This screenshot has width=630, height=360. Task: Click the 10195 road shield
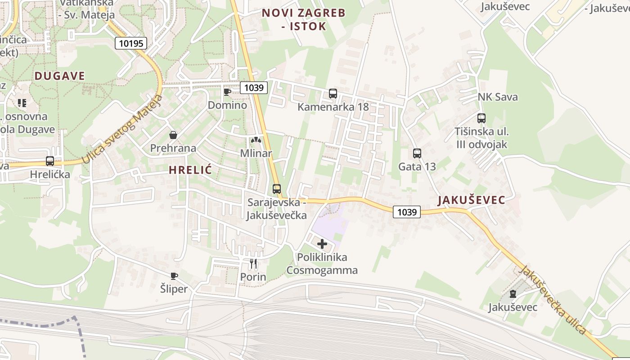131,43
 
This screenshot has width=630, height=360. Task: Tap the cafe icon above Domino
227,92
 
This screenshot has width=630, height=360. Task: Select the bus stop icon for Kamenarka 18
333,94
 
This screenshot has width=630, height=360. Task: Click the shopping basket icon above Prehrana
173,135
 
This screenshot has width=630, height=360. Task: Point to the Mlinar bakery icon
256,140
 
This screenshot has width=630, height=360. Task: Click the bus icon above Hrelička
50,161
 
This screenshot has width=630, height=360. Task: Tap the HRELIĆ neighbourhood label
190,170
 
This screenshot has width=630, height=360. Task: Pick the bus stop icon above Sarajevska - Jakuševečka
277,189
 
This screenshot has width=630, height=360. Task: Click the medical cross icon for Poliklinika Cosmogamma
322,244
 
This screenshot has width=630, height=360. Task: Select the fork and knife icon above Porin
253,264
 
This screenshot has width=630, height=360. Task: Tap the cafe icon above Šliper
174,276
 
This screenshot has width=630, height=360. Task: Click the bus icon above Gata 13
417,153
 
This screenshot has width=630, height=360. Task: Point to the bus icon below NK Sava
481,118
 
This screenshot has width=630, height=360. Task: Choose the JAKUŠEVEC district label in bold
471,200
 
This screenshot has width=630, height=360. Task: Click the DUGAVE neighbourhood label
60,76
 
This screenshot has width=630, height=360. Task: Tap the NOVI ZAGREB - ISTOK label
304,19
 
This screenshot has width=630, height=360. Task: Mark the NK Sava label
498,97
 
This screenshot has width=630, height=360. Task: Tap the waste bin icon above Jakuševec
513,294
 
